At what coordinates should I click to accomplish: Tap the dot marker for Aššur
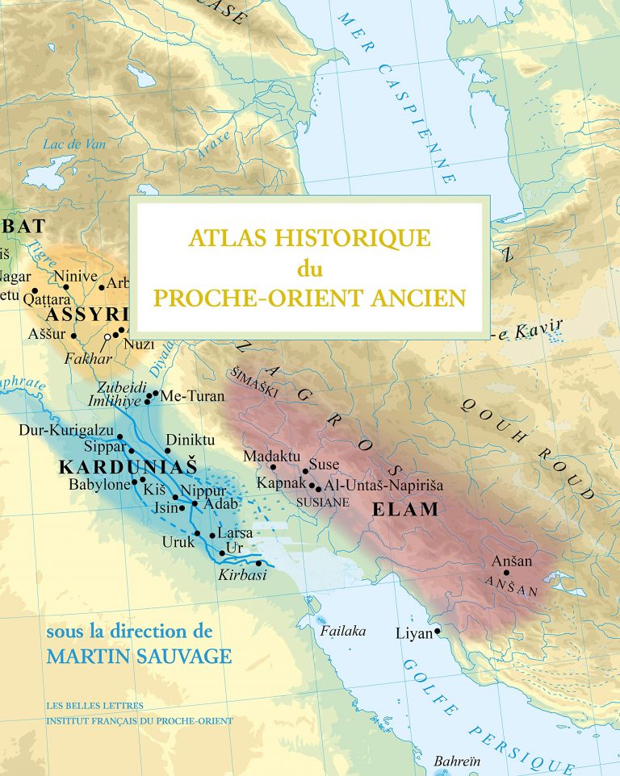pyautogui.click(x=73, y=336)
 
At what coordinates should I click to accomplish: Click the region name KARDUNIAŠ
pyautogui.click(x=116, y=467)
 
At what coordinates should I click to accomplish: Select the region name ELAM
pyautogui.click(x=405, y=509)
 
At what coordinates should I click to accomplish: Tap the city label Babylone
pyautogui.click(x=99, y=485)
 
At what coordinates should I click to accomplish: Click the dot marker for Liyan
pyautogui.click(x=437, y=632)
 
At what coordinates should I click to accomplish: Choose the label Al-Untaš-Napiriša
pyautogui.click(x=384, y=485)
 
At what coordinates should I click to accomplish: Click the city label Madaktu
pyautogui.click(x=270, y=455)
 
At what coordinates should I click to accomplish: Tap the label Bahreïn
pyautogui.click(x=451, y=761)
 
